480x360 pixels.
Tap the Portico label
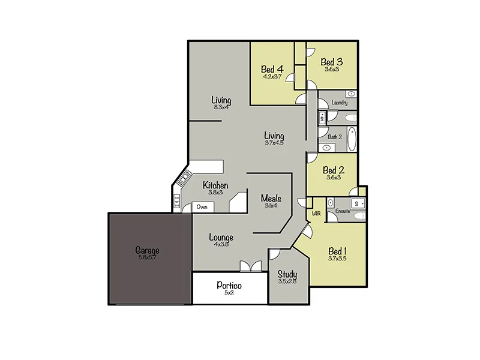pos(229,284)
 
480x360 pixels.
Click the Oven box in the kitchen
pos(202,207)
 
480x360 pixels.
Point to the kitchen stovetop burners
pos(177,202)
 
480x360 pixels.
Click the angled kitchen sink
pos(182,178)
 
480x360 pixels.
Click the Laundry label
pos(340,103)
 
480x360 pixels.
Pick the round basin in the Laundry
pos(351,95)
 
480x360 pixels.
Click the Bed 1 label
pos(337,251)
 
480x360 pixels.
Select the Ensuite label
pos(343,211)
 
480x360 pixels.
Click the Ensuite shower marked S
pos(358,203)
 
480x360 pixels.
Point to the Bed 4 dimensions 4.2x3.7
pos(272,76)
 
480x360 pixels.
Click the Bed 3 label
pos(331,61)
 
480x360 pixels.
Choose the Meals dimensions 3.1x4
pos(271,206)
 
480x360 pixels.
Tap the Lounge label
pos(221,237)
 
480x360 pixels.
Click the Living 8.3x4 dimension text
pos(221,107)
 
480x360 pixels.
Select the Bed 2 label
pos(333,170)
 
